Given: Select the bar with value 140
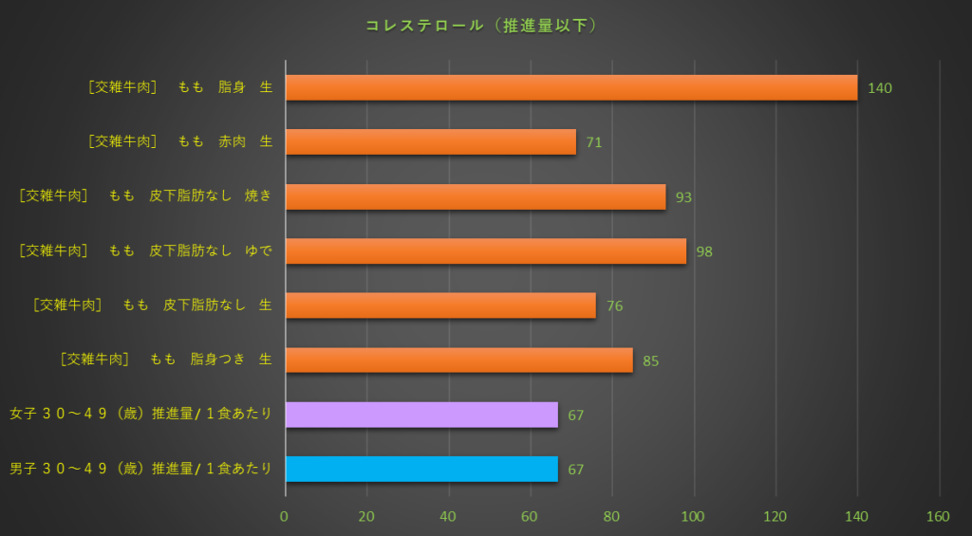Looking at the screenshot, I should pos(570,87).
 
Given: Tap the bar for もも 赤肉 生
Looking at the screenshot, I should pos(430,142).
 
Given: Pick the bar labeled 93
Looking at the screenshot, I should pos(475,197).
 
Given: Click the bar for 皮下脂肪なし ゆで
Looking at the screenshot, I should pos(485,251).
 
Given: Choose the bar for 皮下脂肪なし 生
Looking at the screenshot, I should pos(440,305).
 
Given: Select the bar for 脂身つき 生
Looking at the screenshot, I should pos(458,360).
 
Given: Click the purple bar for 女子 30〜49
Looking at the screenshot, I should pos(421,415).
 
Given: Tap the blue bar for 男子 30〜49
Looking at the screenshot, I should pos(421,469).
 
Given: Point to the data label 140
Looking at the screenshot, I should pos(880,88).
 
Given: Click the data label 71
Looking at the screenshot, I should pos(594,143).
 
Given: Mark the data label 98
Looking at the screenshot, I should pos(703,252).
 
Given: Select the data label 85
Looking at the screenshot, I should pos(650,361).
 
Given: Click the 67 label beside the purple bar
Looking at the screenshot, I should pos(575,416).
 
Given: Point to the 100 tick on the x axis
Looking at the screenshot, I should pos(694,517).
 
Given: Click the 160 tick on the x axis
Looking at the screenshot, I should pos(938,517).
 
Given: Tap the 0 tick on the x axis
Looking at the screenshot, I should pos(284,517).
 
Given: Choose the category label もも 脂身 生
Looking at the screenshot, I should pos(179,87).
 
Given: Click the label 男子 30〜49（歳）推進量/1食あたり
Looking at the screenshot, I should pos(140,469).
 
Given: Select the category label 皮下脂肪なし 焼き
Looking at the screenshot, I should pos(145,196).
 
